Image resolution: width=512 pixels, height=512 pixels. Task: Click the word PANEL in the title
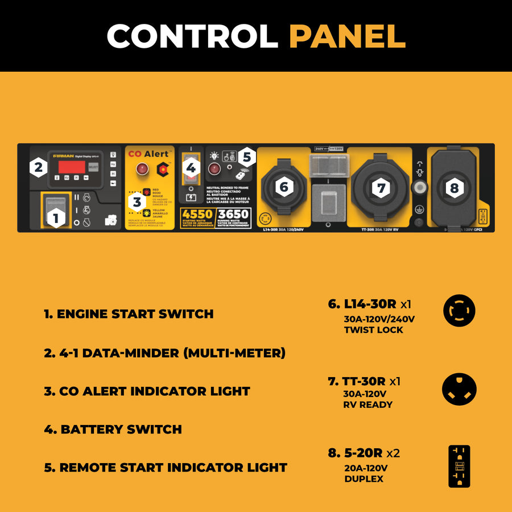pyautogui.click(x=347, y=36)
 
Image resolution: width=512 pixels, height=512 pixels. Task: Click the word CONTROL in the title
pyautogui.click(x=192, y=36)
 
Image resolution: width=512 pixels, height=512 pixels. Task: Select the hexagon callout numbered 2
pyautogui.click(x=38, y=167)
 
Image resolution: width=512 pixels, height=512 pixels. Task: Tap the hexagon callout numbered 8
pyautogui.click(x=453, y=187)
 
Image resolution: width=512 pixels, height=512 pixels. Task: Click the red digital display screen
pyautogui.click(x=71, y=167)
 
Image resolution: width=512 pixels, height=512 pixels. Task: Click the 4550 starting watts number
pyautogui.click(x=196, y=215)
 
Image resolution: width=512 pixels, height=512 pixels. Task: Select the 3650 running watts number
pyautogui.click(x=233, y=215)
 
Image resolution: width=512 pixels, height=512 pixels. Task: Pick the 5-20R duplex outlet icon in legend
pyautogui.click(x=459, y=466)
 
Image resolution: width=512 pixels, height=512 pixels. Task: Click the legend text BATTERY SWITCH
pyautogui.click(x=113, y=430)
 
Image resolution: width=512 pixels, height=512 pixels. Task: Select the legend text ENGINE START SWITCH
pyautogui.click(x=129, y=314)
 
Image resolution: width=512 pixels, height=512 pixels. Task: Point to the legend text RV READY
pyautogui.click(x=368, y=405)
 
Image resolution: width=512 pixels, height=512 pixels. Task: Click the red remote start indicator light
pyautogui.click(x=214, y=168)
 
